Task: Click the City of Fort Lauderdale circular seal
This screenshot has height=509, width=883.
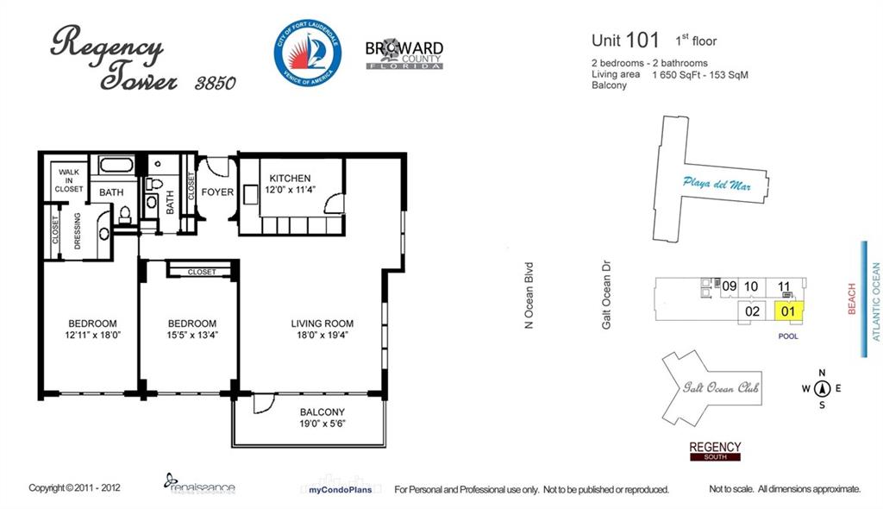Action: [x=308, y=54]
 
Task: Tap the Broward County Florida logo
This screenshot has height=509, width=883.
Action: [x=404, y=53]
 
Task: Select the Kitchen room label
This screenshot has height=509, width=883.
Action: [x=289, y=179]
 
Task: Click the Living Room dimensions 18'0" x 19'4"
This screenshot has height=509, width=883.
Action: [x=322, y=335]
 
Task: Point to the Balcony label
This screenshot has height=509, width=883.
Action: [x=322, y=412]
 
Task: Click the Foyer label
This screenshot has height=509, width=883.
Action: [x=217, y=192]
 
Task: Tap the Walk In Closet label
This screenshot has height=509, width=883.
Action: [x=69, y=180]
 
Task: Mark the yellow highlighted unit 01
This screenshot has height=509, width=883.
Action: [x=787, y=311]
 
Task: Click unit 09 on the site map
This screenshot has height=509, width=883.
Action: [x=730, y=286]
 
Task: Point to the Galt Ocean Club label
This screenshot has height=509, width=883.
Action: [x=721, y=387]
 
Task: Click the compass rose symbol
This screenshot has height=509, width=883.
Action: [x=822, y=388]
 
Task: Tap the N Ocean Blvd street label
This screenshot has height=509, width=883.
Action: [x=530, y=295]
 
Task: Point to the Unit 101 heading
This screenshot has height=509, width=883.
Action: [x=625, y=40]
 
